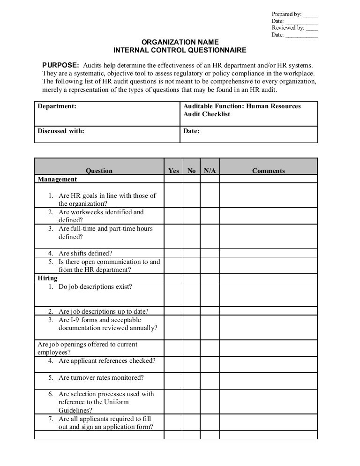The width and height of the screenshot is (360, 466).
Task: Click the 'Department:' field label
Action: tap(57, 106)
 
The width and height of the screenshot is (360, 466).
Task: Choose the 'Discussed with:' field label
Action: tap(61, 131)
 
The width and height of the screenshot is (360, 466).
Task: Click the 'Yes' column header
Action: tap(173, 171)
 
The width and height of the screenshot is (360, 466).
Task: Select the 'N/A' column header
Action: tap(210, 171)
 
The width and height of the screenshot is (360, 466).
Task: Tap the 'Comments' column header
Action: tap(268, 171)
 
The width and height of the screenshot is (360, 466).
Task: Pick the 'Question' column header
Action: tap(99, 171)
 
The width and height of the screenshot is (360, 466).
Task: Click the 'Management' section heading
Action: tap(57, 179)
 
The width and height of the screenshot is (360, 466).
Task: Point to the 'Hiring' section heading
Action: tap(47, 278)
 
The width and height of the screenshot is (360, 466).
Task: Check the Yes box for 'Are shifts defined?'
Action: tap(173, 253)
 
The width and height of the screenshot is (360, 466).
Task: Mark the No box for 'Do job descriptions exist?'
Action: tap(191, 294)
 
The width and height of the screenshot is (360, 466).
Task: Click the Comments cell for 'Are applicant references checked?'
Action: tap(268, 363)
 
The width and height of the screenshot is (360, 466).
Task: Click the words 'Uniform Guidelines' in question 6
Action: tap(93, 406)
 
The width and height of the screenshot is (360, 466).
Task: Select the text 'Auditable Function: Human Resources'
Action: tap(242, 106)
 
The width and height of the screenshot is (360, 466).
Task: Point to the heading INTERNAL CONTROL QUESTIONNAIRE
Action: tap(180, 51)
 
